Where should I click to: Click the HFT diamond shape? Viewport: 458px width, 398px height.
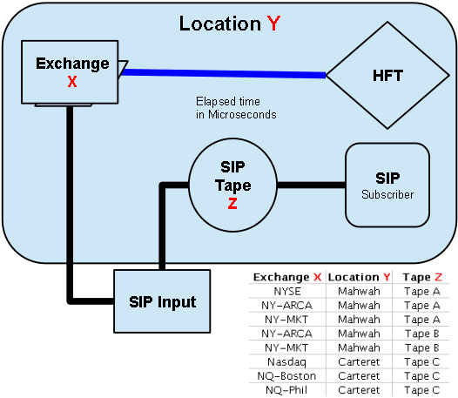(x=387, y=76)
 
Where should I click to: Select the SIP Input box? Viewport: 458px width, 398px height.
(x=162, y=301)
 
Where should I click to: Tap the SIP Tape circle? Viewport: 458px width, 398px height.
(x=232, y=185)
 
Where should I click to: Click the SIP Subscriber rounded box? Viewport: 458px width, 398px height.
(x=387, y=185)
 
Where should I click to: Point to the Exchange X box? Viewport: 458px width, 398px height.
(x=70, y=72)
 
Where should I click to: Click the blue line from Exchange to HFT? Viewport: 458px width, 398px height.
(x=224, y=73)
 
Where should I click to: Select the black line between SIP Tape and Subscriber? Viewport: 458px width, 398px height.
(x=312, y=185)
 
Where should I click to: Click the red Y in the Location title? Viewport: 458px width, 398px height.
(x=273, y=24)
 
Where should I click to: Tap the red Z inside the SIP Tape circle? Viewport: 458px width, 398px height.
(x=232, y=204)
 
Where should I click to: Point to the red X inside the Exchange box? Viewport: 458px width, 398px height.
(x=72, y=82)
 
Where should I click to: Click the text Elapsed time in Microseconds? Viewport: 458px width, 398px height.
(x=236, y=108)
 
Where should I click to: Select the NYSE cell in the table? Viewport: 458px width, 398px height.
(x=287, y=292)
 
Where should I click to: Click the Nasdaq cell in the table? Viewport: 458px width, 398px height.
(x=286, y=362)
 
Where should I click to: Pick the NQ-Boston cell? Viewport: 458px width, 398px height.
(x=286, y=375)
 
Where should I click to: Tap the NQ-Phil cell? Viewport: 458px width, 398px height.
(x=286, y=390)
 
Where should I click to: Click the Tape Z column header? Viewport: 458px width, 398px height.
(x=422, y=277)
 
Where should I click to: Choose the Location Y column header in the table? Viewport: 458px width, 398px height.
(x=359, y=277)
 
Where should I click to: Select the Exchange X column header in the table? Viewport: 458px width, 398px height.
(x=287, y=277)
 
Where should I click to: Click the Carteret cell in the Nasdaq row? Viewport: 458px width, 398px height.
(x=359, y=362)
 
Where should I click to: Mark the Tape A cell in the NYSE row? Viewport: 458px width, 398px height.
(x=422, y=292)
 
